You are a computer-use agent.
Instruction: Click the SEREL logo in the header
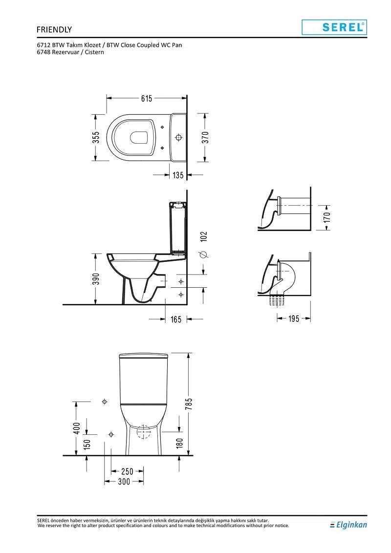334,27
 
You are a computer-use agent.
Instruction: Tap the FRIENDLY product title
54,30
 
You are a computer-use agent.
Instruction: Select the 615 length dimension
147,98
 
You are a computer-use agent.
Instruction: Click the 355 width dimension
96,138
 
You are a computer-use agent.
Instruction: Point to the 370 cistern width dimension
205,137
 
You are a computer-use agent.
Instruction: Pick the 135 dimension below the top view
178,175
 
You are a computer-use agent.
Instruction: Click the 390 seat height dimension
96,278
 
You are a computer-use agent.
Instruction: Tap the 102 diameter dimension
204,236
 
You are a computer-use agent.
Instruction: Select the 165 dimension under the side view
176,319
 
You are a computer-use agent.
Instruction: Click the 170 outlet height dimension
327,217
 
